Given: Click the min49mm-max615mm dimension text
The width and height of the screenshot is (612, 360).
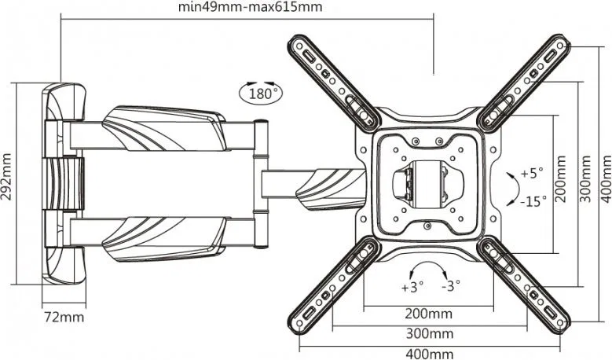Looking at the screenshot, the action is coord(250,7).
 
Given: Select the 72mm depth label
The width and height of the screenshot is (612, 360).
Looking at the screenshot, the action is coord(64,317).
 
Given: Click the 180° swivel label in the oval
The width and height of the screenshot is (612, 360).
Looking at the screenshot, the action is coord(260,94).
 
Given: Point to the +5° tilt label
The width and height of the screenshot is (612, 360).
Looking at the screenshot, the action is coord(532,173).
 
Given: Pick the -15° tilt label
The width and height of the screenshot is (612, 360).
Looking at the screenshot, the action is coord(533,201).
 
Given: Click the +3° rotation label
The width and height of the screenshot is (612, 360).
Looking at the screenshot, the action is coord(412,288).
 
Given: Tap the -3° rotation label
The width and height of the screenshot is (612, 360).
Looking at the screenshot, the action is coord(451,286).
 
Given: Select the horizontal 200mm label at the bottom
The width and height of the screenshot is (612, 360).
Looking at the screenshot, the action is coord(428,314).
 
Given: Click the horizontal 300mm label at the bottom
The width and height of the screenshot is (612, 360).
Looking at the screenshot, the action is coord(430,334).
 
